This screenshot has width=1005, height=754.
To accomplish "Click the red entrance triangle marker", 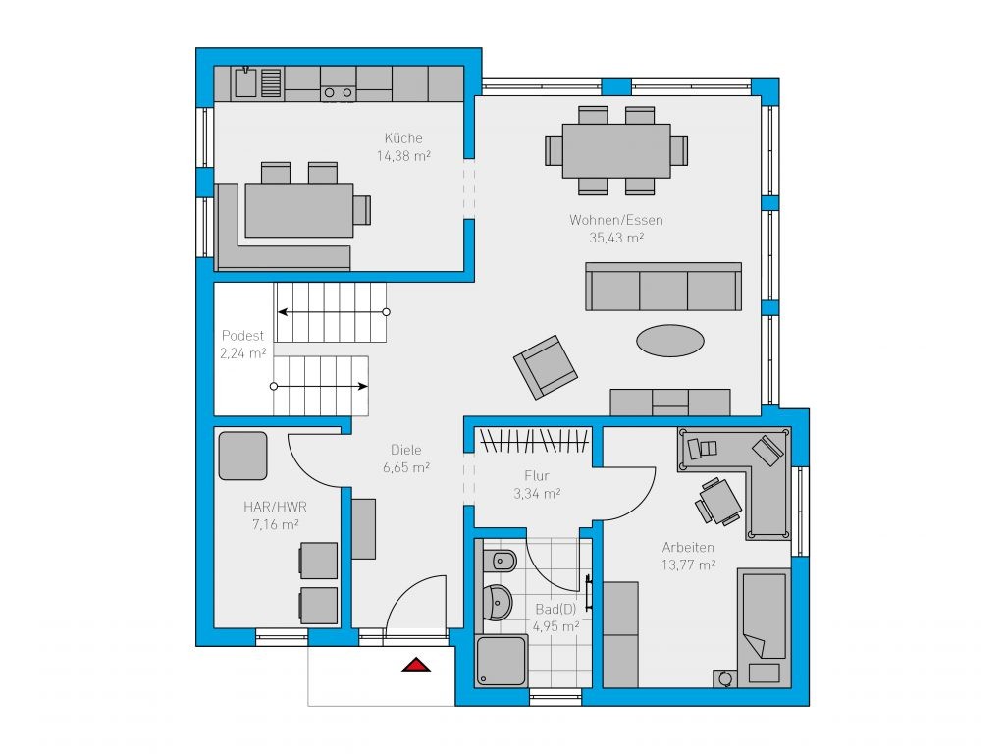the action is point(416,665).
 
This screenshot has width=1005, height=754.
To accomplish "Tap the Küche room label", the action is point(403,137).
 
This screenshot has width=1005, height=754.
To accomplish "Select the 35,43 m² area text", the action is point(616,238).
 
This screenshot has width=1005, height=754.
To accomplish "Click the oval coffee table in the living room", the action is point(669,341).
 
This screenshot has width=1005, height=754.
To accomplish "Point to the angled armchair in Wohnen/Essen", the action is point(546,367).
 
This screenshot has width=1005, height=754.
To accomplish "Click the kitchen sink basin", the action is point(244,83).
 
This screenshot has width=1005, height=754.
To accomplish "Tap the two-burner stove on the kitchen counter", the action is point(338,93).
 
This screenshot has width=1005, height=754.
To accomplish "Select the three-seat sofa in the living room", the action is point(663,287).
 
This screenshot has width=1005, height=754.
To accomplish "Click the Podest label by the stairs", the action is point(242,336).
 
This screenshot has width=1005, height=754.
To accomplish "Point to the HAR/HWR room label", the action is point(275,507).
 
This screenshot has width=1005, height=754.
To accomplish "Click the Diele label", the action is point(405,450).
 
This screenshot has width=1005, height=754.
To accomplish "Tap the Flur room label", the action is point(537,476).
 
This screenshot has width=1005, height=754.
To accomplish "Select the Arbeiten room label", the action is point(688,548).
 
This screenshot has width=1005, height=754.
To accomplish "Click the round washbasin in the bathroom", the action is point(497,603).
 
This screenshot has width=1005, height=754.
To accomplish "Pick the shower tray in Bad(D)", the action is point(502,661).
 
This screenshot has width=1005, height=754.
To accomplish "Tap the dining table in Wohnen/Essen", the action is point(616,150).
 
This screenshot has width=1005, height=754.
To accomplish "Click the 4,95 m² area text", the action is point(555,626).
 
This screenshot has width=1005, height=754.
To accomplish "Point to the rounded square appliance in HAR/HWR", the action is point(243,456).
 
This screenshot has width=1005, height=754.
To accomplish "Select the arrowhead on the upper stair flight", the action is point(282,312).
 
